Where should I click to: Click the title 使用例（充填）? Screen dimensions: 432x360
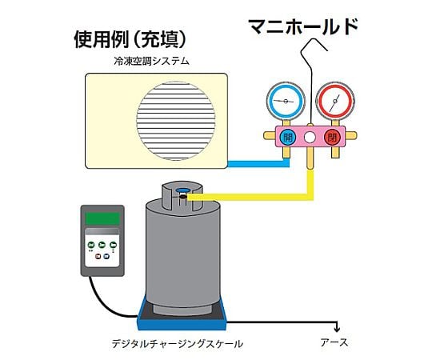point(130,39)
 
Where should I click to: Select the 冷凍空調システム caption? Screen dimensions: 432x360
point(151,61)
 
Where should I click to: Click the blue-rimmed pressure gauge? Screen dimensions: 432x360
point(286,101)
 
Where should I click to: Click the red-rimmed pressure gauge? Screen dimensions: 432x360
point(335,101)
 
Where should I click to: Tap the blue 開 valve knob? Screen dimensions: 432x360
point(288,137)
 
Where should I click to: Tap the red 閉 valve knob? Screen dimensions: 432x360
point(332,137)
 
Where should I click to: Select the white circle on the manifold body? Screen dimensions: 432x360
point(310,137)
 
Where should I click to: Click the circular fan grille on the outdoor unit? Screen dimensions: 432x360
point(176,121)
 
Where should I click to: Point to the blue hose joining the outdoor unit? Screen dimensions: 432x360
point(258,164)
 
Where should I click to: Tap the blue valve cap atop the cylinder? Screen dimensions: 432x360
point(183,190)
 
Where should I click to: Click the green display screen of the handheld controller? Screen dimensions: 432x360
point(102,218)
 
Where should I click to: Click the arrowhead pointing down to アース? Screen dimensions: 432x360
point(337,329)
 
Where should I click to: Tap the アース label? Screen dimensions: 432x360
point(334,342)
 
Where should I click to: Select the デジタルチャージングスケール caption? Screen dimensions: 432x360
point(177,344)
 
